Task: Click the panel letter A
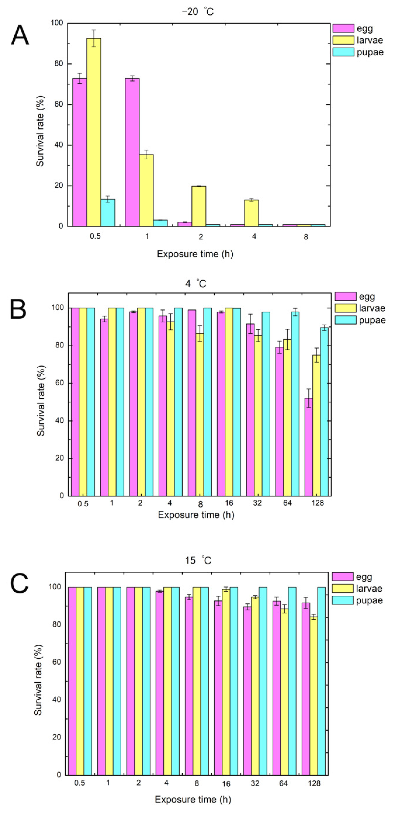[x=20, y=36]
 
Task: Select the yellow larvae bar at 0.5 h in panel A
[x=94, y=133]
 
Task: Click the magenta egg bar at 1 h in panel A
[x=132, y=152]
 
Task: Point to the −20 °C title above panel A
[x=198, y=12]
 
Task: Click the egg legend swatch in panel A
[x=343, y=28]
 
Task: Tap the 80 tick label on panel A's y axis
[x=58, y=64]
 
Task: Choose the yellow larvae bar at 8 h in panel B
[x=200, y=415]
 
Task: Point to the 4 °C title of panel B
[x=196, y=283]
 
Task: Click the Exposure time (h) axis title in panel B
[x=196, y=515]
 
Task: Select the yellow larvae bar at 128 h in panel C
[x=314, y=697]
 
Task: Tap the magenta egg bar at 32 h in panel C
[x=247, y=691]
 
